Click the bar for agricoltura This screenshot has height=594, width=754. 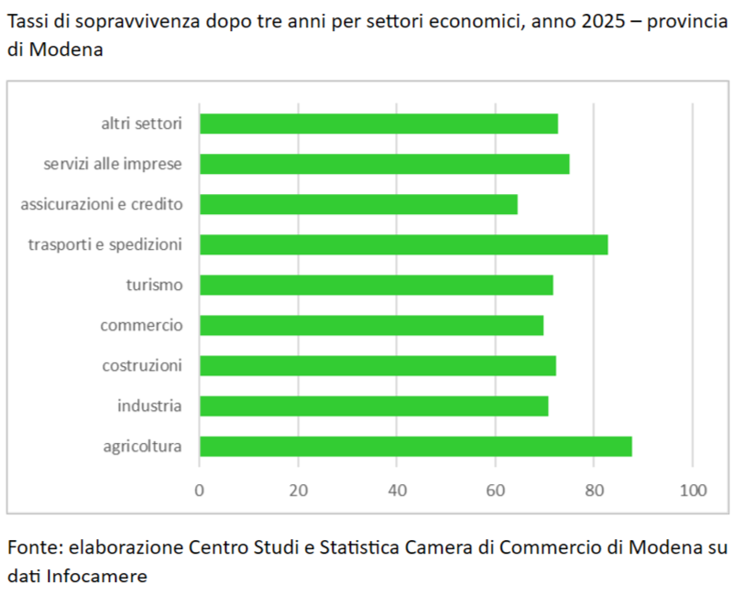[x=415, y=447]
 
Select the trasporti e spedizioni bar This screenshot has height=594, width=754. [x=403, y=244]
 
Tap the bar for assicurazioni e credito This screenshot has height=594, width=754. [x=358, y=204]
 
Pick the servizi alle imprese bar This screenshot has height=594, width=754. [x=384, y=164]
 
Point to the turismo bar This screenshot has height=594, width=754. [x=376, y=285]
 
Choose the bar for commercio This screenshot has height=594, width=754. [x=371, y=325]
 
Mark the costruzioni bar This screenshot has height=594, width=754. [x=377, y=365]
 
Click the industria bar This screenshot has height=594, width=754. [x=374, y=405]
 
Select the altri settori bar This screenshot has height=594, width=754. [x=378, y=124]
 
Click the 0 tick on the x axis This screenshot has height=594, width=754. [x=200, y=490]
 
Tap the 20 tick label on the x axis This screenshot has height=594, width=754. [x=299, y=490]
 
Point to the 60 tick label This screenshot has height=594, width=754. [x=496, y=490]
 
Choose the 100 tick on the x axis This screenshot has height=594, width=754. [x=693, y=490]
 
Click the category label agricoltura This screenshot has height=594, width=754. [x=142, y=447]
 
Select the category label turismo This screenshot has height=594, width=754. [x=154, y=285]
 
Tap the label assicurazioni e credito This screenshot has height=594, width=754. [x=102, y=204]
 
